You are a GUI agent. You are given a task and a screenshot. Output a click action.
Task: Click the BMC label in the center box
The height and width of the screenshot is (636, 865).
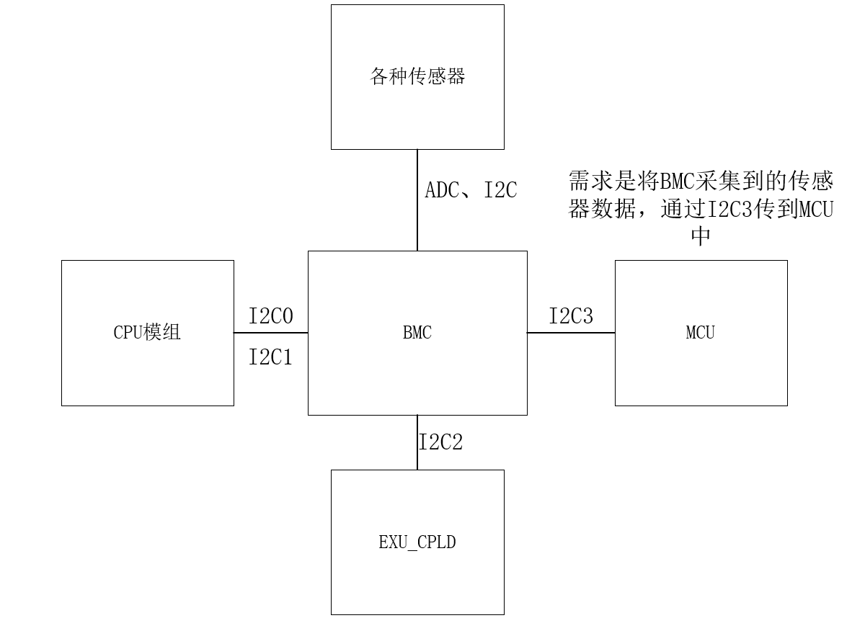tap(417, 333)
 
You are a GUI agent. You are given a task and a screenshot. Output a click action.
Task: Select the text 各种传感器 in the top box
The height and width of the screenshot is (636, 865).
tap(417, 76)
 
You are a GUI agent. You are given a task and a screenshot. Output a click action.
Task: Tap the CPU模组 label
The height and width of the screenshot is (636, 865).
tap(147, 333)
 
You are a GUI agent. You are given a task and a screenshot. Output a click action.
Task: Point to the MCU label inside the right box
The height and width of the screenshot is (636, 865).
tap(701, 333)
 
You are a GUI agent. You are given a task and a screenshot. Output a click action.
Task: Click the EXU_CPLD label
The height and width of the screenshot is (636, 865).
tap(417, 542)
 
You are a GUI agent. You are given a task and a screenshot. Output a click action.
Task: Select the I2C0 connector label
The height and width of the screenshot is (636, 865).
tap(271, 317)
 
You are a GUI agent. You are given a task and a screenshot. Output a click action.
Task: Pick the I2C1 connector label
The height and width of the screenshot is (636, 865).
tap(271, 357)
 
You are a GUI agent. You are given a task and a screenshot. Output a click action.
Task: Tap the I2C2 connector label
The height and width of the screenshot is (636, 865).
tap(441, 442)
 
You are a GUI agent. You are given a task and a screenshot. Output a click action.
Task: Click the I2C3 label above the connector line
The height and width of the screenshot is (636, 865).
tap(571, 316)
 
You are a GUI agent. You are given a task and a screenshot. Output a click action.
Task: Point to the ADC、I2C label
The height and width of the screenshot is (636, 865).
tap(471, 191)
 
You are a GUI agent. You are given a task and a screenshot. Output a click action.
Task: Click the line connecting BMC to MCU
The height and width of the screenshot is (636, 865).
tap(571, 333)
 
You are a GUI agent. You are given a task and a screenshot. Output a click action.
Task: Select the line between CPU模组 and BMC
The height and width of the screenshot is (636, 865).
tap(271, 333)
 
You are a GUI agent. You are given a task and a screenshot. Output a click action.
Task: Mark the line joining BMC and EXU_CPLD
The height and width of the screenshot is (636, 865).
tap(417, 442)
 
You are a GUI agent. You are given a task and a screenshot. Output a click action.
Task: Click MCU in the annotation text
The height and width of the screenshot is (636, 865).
tap(815, 210)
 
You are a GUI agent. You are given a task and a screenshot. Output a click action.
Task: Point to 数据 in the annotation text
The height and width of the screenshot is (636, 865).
tap(618, 210)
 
